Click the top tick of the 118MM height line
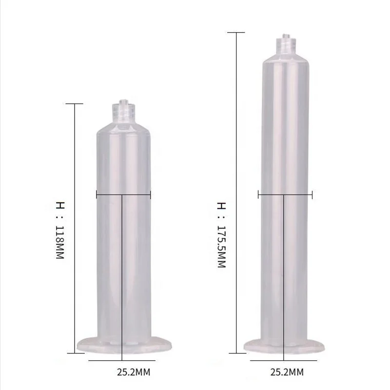74,103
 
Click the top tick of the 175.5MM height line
236,32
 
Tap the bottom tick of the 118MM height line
74,352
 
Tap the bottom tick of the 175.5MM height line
236,352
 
